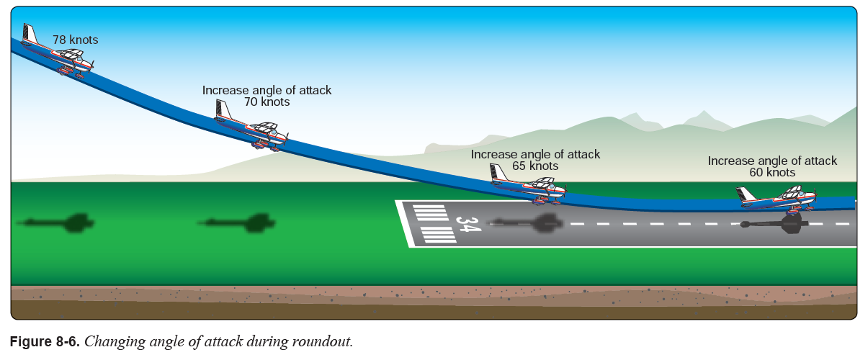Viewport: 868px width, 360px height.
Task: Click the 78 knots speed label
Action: coord(75,40)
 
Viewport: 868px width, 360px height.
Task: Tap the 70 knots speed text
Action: coord(267,102)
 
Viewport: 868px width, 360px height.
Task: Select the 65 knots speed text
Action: coord(534,166)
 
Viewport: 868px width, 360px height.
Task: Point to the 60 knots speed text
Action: coord(771,173)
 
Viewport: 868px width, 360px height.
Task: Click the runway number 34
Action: coord(467,225)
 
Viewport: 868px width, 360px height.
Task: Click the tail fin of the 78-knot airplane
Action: coord(30,35)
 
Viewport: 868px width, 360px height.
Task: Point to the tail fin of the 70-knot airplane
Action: coord(222,110)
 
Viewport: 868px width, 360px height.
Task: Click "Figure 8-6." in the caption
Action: coord(45,341)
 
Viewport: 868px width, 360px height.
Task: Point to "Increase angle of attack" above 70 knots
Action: coord(267,90)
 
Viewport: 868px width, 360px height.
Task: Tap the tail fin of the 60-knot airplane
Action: coord(744,194)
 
